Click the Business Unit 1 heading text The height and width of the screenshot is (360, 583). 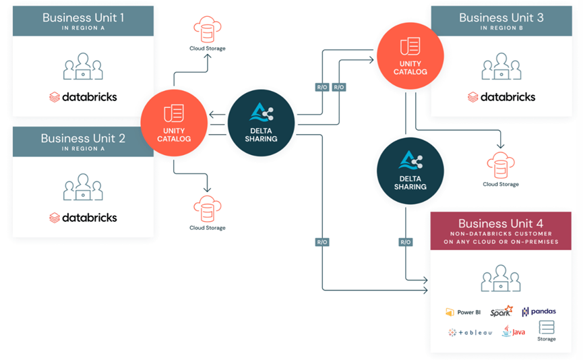click(84, 18)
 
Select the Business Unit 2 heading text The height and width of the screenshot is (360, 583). click(84, 138)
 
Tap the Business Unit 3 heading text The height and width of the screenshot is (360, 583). click(501, 18)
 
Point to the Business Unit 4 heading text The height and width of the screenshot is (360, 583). click(501, 223)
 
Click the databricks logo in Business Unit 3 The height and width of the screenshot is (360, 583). click(501, 97)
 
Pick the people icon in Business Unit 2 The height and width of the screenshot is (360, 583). click(83, 187)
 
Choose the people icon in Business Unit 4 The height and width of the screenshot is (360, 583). click(501, 278)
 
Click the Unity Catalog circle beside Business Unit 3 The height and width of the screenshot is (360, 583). click(410, 56)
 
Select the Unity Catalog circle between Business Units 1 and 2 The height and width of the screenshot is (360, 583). click(174, 123)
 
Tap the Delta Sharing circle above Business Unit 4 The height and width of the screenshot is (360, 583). click(410, 171)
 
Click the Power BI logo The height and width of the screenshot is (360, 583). click(463, 312)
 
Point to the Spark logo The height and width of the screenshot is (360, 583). click(501, 311)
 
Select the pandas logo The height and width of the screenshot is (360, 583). click(539, 311)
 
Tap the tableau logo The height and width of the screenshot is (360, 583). click(470, 332)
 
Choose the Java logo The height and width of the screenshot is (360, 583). click(514, 331)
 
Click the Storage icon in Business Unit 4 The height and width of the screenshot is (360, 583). click(547, 330)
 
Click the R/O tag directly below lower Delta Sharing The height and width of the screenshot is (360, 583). click(405, 242)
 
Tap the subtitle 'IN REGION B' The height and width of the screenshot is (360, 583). click(501, 28)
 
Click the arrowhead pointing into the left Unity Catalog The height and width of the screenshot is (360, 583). click(212, 115)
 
